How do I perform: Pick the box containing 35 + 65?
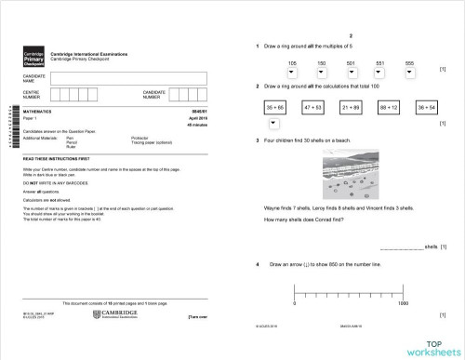(275, 108)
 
